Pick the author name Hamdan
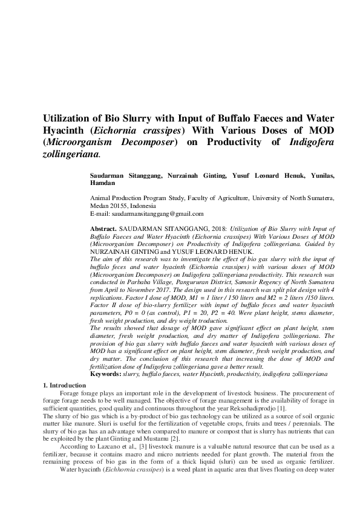point(100,183)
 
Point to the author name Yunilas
point(323,175)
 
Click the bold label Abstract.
point(103,230)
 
